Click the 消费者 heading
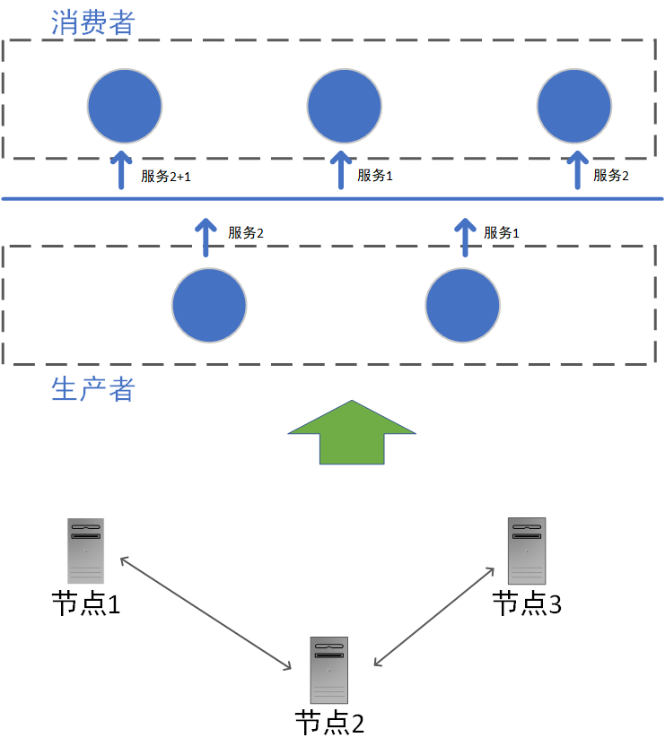[x=92, y=22]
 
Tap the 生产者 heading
[x=92, y=390]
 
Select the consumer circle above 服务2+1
[x=125, y=105]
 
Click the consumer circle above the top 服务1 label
[x=344, y=105]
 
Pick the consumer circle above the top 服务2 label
[x=574, y=105]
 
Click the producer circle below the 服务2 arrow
[x=209, y=305]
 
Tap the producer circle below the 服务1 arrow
[x=463, y=305]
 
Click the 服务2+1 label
[x=166, y=177]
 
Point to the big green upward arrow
[x=352, y=432]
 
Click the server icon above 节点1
[x=85, y=551]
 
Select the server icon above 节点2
[x=328, y=670]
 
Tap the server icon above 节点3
[x=527, y=551]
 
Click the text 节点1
[x=85, y=604]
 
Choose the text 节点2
[x=329, y=723]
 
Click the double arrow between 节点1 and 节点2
[x=206, y=613]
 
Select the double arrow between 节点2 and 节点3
[x=434, y=616]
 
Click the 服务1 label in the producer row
[x=502, y=233]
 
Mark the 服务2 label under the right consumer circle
[x=611, y=176]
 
